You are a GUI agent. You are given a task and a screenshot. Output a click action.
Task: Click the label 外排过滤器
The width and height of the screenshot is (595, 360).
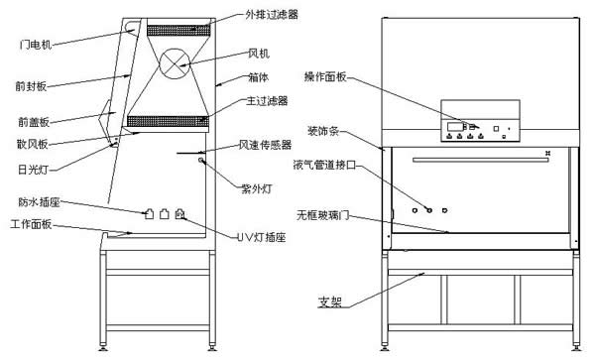[272, 15]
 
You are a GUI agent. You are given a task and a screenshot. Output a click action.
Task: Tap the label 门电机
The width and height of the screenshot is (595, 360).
[36, 45]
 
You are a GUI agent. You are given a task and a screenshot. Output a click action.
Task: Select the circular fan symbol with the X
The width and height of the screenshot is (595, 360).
[175, 63]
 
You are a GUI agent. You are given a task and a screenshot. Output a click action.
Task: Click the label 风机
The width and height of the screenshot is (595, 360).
[259, 54]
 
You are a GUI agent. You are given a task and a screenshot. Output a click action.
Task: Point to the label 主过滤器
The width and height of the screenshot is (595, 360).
[267, 101]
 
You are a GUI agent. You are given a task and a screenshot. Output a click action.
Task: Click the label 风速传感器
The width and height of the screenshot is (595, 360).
[265, 145]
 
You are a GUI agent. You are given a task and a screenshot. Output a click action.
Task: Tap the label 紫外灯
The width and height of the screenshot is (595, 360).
[257, 188]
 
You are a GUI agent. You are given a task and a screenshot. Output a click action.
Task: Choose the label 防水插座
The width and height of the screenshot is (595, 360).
[39, 201]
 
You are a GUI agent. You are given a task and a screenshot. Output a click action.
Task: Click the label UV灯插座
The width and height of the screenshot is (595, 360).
[261, 237]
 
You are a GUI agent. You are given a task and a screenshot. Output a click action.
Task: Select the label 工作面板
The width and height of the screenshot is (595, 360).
[31, 224]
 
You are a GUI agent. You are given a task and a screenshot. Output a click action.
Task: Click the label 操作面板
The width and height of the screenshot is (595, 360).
[325, 76]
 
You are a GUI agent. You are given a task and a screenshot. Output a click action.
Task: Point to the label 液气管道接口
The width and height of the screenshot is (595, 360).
[325, 165]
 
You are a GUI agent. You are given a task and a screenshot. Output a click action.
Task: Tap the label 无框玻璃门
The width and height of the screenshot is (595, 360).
[322, 215]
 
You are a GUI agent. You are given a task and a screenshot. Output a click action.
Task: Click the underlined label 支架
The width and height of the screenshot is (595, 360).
[330, 301]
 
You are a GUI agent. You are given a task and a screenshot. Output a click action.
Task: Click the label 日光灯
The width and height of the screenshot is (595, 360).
[34, 170]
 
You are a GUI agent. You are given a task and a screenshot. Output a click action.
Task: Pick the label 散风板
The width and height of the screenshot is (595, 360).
[33, 144]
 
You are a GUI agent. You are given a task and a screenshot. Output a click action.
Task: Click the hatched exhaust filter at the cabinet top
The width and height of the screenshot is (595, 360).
[178, 31]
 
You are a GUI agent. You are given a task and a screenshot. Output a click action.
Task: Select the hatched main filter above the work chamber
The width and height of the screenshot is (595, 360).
[168, 121]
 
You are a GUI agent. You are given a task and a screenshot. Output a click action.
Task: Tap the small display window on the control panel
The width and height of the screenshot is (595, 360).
[454, 127]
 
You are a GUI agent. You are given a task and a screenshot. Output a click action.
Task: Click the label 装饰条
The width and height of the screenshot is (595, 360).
[323, 131]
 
